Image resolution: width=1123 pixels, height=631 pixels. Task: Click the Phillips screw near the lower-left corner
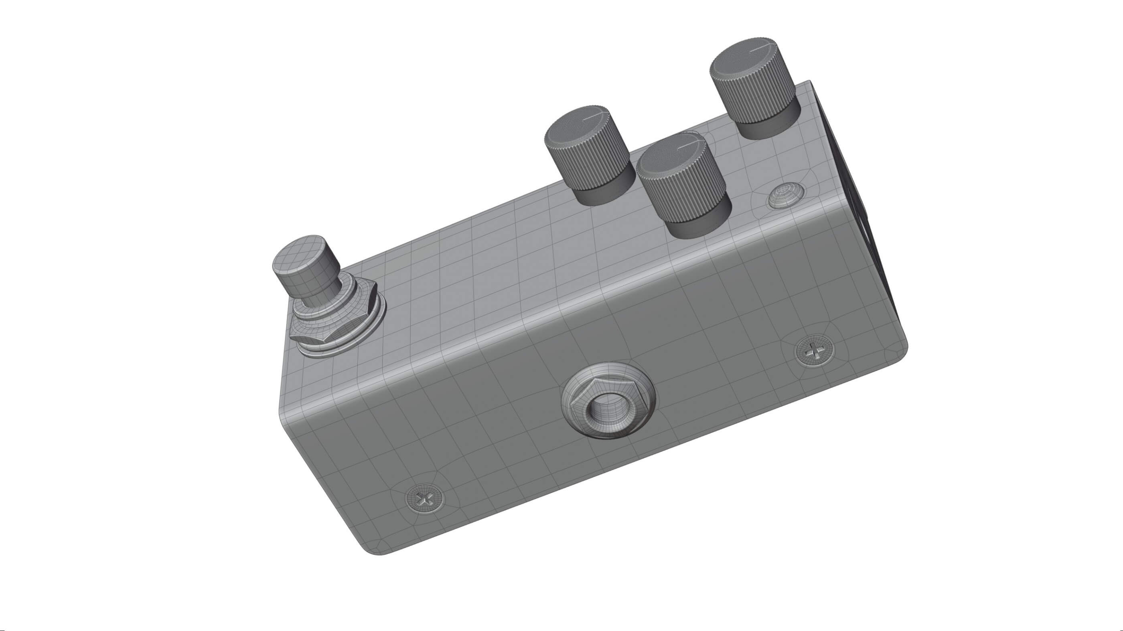[x=426, y=498]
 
